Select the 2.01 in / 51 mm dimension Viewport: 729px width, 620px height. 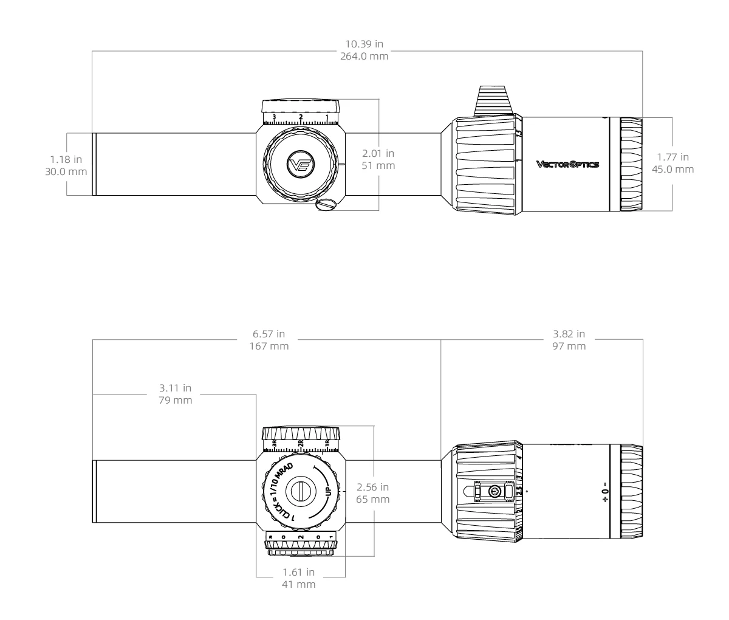pyautogui.click(x=378, y=159)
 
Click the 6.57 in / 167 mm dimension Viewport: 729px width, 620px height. pyautogui.click(x=268, y=340)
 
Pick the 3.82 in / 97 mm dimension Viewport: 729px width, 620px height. pyautogui.click(x=569, y=340)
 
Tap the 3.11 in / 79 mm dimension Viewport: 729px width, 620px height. pyautogui.click(x=175, y=394)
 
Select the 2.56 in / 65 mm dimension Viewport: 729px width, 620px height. pyautogui.click(x=373, y=493)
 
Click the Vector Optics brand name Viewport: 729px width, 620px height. pyautogui.click(x=567, y=164)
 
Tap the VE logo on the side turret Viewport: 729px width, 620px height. pyautogui.click(x=300, y=164)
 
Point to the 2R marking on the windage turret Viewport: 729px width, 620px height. pyautogui.click(x=300, y=443)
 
